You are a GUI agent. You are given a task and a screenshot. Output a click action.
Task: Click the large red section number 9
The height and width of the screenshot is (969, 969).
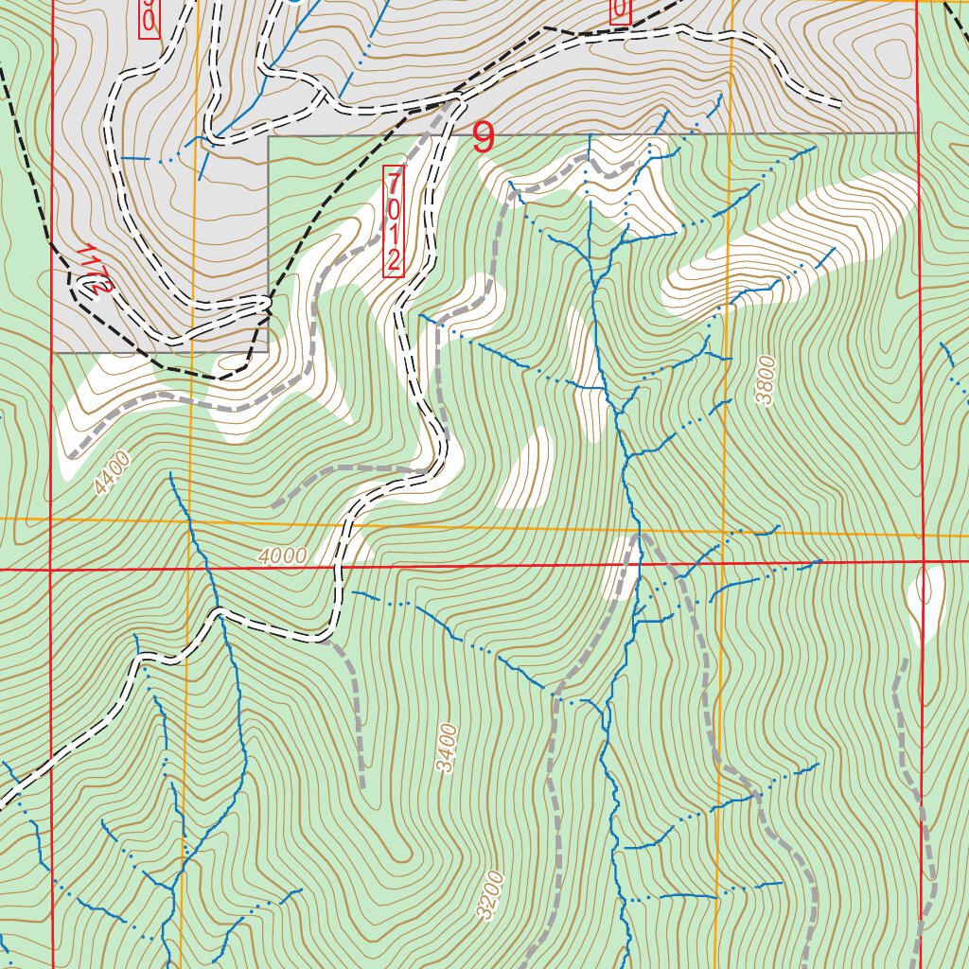[x=483, y=138]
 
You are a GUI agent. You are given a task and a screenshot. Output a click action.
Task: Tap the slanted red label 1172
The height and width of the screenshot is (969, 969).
[x=94, y=271]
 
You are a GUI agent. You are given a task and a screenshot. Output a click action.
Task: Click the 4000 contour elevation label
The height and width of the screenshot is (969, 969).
[x=281, y=556]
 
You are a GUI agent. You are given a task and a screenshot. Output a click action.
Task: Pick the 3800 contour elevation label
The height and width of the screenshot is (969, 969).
[x=765, y=380]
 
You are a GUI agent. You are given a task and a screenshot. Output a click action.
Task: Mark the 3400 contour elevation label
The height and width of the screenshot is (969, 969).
[x=447, y=748]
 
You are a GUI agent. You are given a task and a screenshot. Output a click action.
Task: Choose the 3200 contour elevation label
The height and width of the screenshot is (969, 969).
[x=490, y=894]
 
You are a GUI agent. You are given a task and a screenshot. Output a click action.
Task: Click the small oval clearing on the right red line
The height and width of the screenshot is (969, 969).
[x=926, y=598]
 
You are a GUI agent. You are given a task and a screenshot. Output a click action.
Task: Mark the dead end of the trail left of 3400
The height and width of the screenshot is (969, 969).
[x=362, y=786]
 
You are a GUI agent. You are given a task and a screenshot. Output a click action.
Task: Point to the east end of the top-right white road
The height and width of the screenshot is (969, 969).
[x=840, y=102]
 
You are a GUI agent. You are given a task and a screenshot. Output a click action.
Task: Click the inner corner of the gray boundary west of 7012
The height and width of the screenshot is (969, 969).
[x=269, y=137]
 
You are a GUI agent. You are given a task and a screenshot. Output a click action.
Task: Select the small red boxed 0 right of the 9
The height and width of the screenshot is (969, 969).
[x=620, y=9]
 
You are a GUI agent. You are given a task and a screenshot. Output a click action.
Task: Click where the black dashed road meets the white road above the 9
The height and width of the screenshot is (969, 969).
[x=457, y=95]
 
